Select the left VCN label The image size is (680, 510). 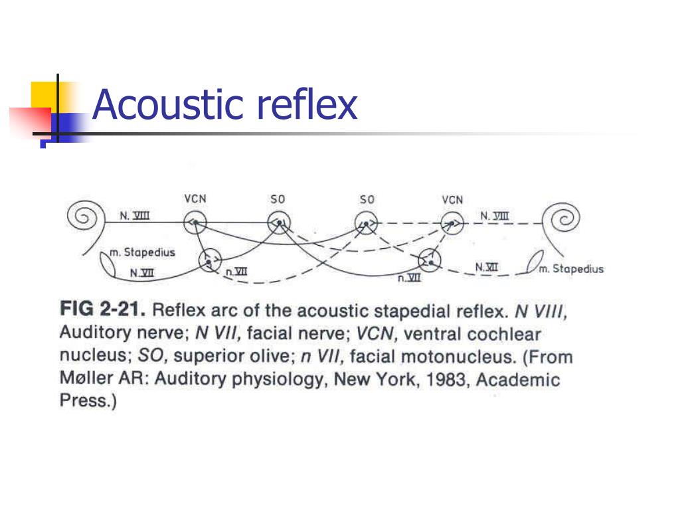pos(195,199)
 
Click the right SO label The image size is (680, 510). pos(367,199)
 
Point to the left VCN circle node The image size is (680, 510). pos(195,222)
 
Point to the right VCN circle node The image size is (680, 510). pos(452,222)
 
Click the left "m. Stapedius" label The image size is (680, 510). pos(142,253)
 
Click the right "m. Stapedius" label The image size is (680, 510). pos(571,269)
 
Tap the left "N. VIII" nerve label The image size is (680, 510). pos(134,215)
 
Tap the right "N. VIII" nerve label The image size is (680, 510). pos(495,215)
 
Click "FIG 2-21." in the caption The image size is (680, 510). pos(104,309)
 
